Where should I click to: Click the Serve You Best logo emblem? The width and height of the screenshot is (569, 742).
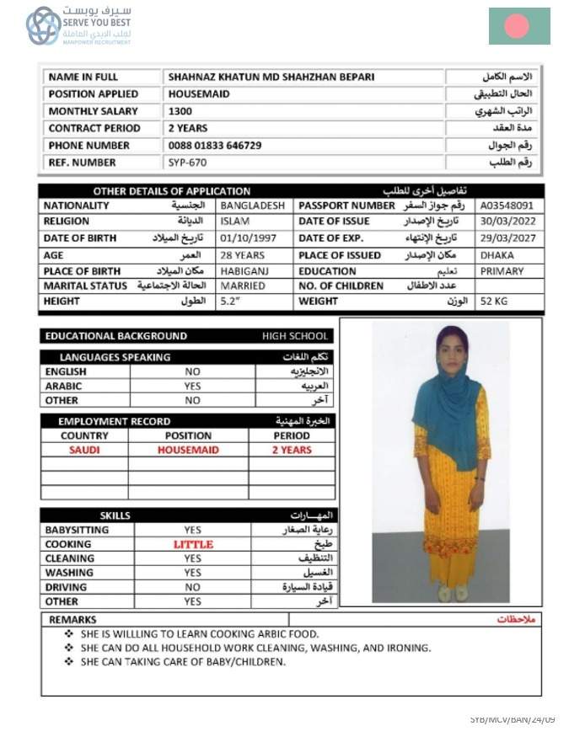click(x=43, y=25)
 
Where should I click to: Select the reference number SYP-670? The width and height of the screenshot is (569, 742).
click(x=187, y=162)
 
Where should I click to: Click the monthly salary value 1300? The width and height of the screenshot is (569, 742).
click(x=180, y=111)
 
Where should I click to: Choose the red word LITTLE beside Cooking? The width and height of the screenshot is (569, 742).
click(x=193, y=544)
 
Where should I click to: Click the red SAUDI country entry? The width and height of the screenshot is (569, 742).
click(x=84, y=451)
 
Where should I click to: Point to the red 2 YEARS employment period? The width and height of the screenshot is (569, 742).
click(x=291, y=451)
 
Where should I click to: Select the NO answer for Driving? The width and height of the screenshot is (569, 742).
click(x=193, y=587)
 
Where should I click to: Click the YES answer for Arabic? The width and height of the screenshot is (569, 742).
click(x=193, y=386)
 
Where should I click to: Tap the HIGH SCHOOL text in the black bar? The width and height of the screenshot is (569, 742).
click(x=295, y=336)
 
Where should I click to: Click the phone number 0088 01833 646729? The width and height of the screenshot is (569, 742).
click(x=215, y=145)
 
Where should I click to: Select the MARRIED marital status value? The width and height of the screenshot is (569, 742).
click(x=243, y=286)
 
